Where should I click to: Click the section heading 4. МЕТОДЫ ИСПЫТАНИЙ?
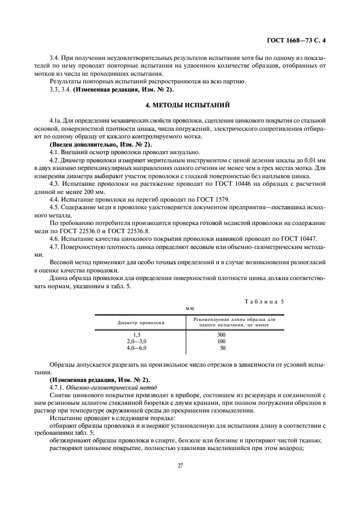[180, 104]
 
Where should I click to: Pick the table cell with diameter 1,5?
[137, 334]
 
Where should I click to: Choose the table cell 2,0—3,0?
[137, 341]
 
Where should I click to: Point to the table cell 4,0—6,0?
[137, 347]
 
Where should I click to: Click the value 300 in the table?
[221, 334]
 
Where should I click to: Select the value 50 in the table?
[222, 347]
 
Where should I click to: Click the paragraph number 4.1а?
[56, 119]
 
